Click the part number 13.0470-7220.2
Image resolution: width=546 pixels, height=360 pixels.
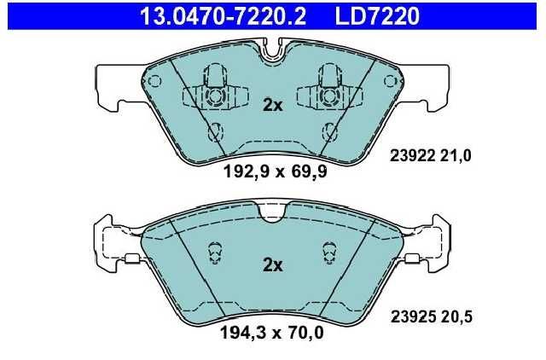pyautogui.click(x=223, y=16)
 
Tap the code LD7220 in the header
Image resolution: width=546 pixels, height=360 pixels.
pyautogui.click(x=377, y=16)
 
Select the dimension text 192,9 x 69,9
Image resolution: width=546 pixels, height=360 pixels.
pyautogui.click(x=275, y=171)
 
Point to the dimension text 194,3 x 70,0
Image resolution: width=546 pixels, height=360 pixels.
pyautogui.click(x=272, y=333)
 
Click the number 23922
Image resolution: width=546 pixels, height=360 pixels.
pyautogui.click(x=413, y=155)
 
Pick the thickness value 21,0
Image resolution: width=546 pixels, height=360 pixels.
pyautogui.click(x=456, y=155)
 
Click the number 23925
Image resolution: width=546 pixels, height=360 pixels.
pyautogui.click(x=413, y=316)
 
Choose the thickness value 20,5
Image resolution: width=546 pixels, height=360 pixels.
pyautogui.click(x=456, y=316)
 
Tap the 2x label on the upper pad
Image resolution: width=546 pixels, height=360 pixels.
pyautogui.click(x=273, y=105)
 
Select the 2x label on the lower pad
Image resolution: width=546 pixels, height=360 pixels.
pyautogui.click(x=273, y=265)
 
